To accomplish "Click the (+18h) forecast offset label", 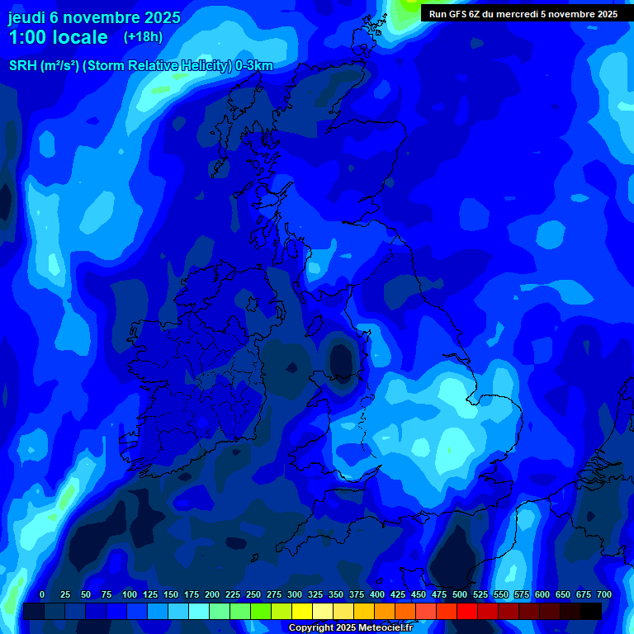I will tap(143, 37).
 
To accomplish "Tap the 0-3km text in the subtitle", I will tap(253, 66).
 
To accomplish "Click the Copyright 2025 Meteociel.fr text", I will tap(350, 627).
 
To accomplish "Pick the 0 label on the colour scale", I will tap(42, 594).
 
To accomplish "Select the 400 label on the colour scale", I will tap(377, 594).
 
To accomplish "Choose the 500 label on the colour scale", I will tap(460, 594).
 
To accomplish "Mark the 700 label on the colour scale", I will tap(604, 594).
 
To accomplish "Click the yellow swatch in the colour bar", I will tap(302, 612).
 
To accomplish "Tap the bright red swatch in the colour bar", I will tap(467, 612).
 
